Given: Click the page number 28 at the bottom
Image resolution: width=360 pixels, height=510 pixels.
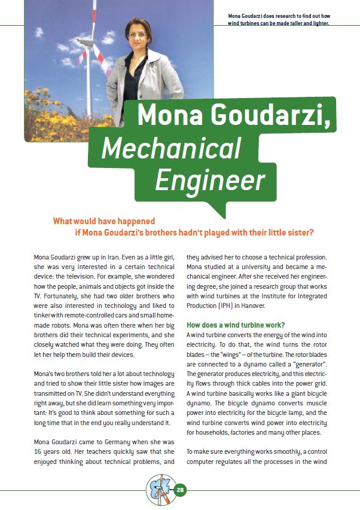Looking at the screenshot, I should (x=181, y=490).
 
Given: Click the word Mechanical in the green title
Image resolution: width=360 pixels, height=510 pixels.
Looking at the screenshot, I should (x=171, y=148).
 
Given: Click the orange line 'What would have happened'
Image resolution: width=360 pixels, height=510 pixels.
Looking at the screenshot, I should (x=104, y=221).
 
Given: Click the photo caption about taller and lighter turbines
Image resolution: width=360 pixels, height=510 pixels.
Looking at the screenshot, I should (x=279, y=19).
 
